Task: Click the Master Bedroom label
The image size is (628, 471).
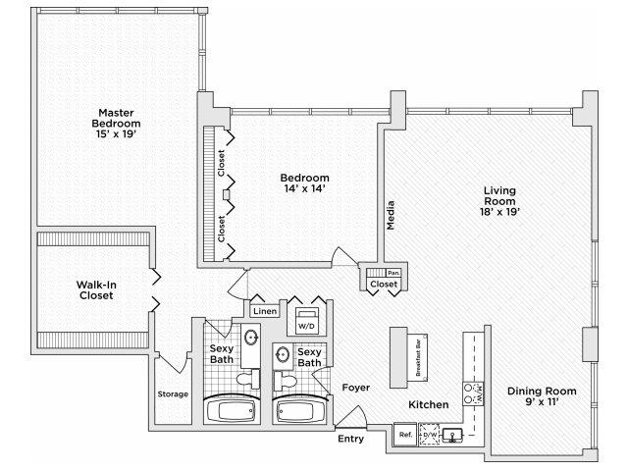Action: [x=116, y=124]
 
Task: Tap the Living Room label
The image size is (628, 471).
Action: [x=499, y=201]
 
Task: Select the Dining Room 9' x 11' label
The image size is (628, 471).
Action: [x=542, y=396]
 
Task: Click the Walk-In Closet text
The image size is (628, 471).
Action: [x=97, y=290]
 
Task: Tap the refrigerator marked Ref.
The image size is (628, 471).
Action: [x=403, y=434]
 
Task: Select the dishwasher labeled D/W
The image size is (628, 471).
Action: [x=430, y=434]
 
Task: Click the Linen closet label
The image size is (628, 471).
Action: [x=264, y=311]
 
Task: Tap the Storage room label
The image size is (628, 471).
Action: [x=173, y=394]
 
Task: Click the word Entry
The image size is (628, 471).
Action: [x=350, y=439]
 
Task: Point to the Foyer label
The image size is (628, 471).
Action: [x=355, y=388]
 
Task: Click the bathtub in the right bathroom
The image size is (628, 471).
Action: [x=300, y=410]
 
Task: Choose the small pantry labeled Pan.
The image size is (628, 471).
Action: [x=392, y=272]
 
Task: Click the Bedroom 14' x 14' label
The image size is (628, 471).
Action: [x=303, y=184]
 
